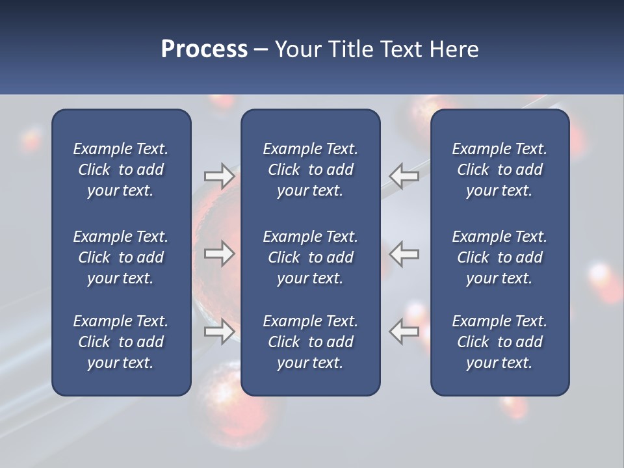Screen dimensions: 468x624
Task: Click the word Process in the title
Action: (x=204, y=49)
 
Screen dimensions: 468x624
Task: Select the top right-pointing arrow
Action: (x=219, y=176)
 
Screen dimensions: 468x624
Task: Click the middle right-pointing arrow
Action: (x=219, y=253)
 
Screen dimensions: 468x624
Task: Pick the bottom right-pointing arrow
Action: (x=219, y=331)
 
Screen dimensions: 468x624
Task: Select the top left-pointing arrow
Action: (x=404, y=176)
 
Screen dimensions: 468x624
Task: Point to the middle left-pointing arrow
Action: (x=404, y=253)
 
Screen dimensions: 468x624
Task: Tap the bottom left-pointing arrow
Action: (x=404, y=331)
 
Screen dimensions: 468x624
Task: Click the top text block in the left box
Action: (x=121, y=170)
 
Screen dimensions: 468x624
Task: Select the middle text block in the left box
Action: (x=121, y=257)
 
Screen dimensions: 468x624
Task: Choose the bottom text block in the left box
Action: (x=121, y=342)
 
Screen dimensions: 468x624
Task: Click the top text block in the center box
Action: (x=310, y=170)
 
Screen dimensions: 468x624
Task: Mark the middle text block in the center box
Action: (x=310, y=257)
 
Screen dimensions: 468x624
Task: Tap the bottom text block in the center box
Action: (x=310, y=342)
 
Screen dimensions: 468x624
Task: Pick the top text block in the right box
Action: (x=499, y=170)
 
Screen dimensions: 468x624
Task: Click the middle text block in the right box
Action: (x=499, y=257)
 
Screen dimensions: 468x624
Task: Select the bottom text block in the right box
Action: (x=499, y=342)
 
